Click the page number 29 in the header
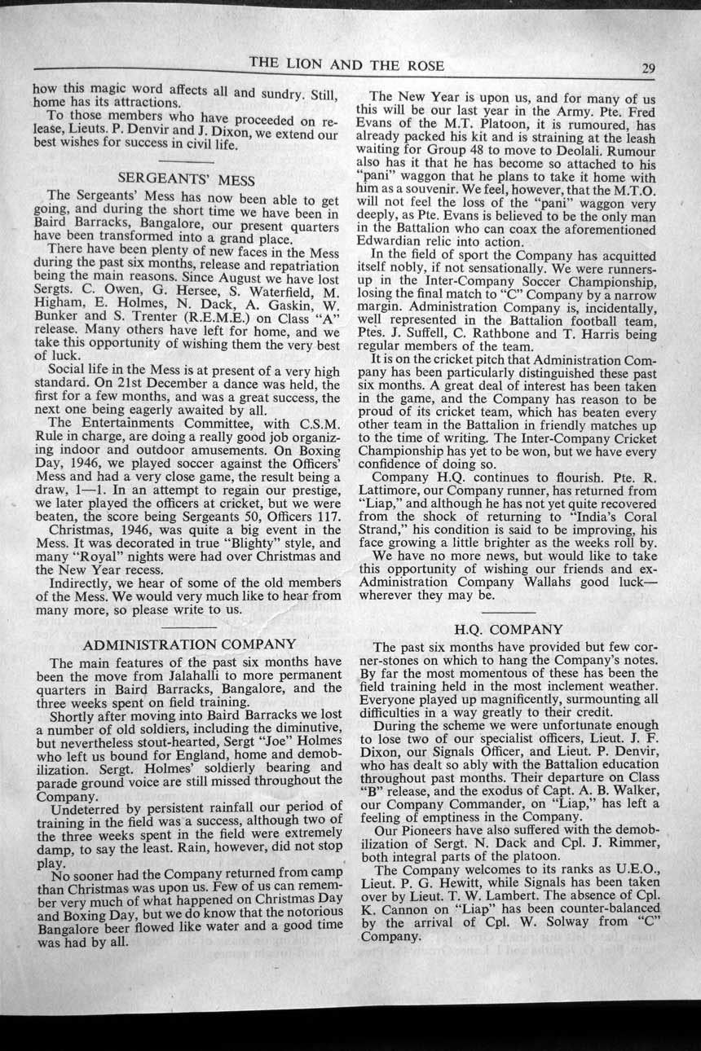click(649, 68)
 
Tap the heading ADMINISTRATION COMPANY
click(189, 644)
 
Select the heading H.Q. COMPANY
click(508, 629)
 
